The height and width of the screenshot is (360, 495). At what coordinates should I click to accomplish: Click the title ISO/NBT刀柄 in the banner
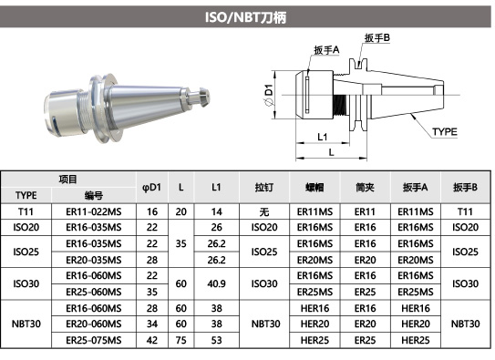[x=245, y=17]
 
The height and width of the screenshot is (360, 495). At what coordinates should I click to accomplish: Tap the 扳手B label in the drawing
[x=377, y=38]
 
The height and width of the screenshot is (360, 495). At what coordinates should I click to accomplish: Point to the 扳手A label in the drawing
[x=326, y=50]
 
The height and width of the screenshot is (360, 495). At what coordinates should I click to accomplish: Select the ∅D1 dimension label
[x=269, y=96]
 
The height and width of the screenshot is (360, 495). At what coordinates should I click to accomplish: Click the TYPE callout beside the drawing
[x=445, y=131]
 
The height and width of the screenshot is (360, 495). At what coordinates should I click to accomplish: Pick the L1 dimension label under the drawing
[x=323, y=137]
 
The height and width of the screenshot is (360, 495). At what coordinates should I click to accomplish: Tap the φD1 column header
[x=152, y=188]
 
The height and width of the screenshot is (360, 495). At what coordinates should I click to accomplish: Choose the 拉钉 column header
[x=264, y=188]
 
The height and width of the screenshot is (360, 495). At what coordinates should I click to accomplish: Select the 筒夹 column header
[x=365, y=188]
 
